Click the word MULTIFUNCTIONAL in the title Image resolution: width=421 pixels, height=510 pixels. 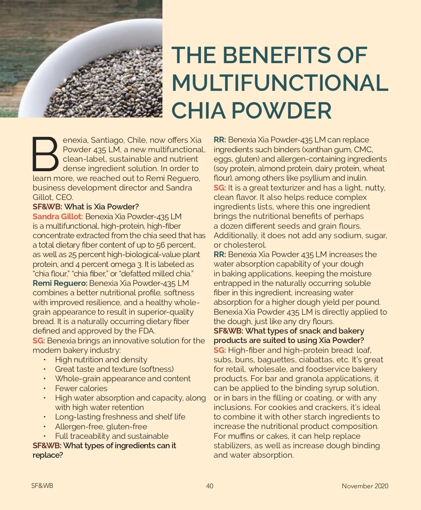(280, 83)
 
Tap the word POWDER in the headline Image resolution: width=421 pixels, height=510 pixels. (281, 110)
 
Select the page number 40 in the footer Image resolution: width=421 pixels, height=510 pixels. (209, 486)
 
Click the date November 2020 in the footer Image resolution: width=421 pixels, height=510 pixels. (365, 486)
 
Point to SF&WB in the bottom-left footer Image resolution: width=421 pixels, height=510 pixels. (42, 486)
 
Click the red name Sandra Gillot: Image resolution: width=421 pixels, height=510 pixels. (58, 216)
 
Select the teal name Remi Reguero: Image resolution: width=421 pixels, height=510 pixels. (60, 283)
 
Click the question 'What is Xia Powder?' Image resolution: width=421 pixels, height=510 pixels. (102, 207)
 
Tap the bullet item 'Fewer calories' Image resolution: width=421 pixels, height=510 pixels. (81, 388)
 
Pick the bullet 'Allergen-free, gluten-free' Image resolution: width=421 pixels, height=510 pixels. (101, 427)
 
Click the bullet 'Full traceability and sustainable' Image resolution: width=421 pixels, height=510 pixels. (112, 436)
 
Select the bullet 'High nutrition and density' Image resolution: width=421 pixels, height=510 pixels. (101, 360)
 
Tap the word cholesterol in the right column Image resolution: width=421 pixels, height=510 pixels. (245, 245)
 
